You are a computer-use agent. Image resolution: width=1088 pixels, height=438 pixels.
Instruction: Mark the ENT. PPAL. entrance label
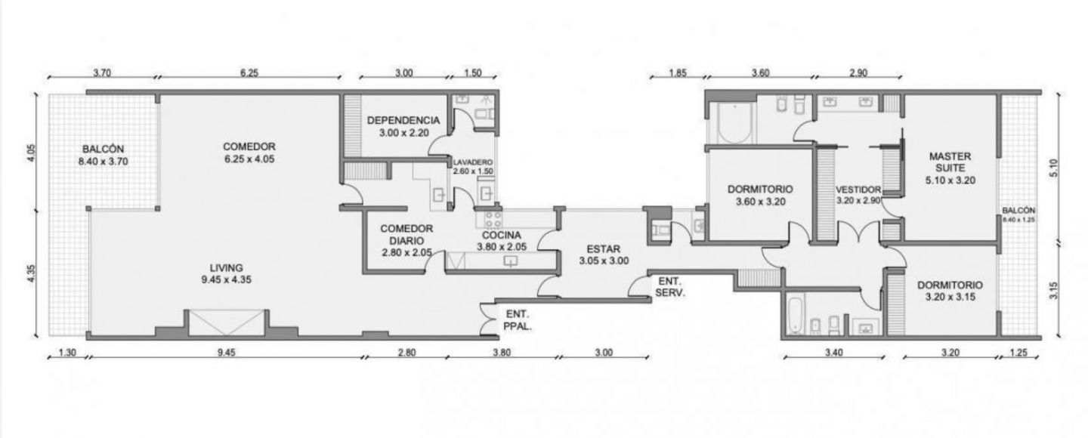click(518, 320)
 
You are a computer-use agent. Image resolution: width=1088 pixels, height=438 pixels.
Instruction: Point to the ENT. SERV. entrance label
click(670, 287)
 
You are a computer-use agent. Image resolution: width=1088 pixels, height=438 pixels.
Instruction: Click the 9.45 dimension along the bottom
click(227, 353)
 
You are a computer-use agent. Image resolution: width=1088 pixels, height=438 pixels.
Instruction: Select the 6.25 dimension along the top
click(249, 72)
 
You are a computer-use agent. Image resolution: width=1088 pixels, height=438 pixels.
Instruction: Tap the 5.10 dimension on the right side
click(1053, 168)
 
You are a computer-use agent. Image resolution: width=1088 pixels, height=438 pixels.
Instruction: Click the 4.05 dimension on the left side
click(31, 153)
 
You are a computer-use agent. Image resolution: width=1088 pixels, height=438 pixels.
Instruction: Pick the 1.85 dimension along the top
click(678, 72)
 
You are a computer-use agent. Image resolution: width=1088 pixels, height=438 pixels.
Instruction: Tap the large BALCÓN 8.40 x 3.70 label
click(103, 156)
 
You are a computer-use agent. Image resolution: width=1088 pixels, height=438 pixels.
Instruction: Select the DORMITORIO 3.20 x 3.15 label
click(950, 291)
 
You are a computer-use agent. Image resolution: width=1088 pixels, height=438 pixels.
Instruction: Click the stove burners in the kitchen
click(493, 218)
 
